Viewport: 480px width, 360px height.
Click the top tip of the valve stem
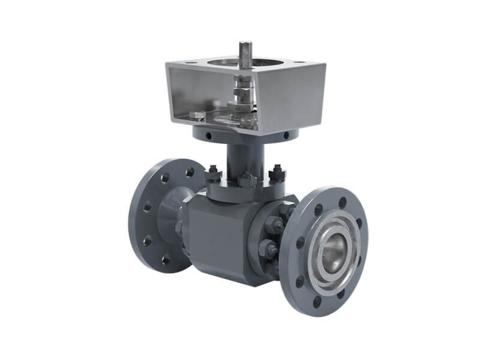pos(246,44)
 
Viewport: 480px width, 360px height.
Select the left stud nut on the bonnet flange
pos(213,175)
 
